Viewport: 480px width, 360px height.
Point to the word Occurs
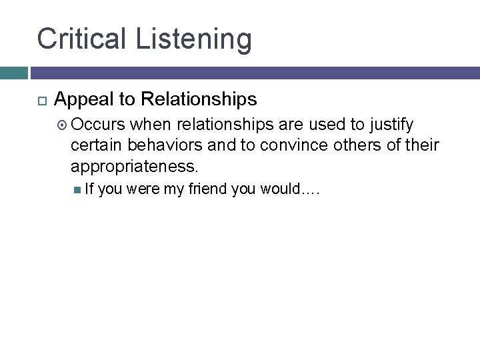click(x=98, y=124)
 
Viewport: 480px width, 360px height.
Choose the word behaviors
click(x=169, y=145)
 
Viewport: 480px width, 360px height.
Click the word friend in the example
click(x=207, y=190)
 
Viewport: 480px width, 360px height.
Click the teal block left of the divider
click(x=13, y=72)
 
